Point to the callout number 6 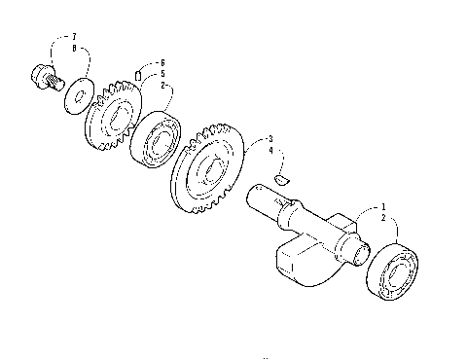[x=162, y=62]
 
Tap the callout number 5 [x=162, y=73]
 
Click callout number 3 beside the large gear [x=269, y=139]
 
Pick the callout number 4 [x=269, y=151]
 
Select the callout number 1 [x=383, y=207]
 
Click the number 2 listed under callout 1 [x=383, y=219]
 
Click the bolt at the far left [x=41, y=75]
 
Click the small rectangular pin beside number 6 [x=139, y=74]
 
